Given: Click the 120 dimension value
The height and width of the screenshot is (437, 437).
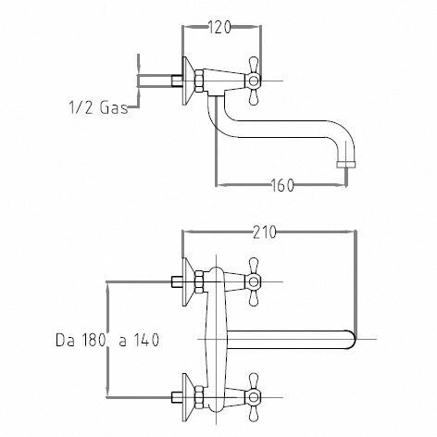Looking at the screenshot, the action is click(x=219, y=27).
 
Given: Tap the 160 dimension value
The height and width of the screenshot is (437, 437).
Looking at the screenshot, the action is click(x=282, y=185).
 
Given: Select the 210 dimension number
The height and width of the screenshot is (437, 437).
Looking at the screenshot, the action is click(x=264, y=232).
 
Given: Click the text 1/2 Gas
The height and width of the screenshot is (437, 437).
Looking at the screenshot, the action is click(x=98, y=107).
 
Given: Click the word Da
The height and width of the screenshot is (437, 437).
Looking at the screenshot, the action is click(x=65, y=340).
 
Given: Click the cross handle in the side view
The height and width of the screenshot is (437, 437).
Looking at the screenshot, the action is click(x=254, y=81).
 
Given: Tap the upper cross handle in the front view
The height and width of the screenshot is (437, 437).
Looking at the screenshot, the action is click(x=254, y=281).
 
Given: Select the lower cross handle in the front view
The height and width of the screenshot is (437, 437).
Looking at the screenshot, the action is click(x=254, y=397).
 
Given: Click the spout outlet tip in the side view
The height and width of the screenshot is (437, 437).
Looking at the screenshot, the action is click(x=346, y=164).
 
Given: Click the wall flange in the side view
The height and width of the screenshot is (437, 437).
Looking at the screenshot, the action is click(x=187, y=81).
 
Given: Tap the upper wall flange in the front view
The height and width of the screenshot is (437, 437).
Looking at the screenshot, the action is click(x=187, y=281).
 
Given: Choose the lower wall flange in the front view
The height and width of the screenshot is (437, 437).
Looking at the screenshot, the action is click(x=187, y=397).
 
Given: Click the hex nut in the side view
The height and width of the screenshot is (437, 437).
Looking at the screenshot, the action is click(x=199, y=81).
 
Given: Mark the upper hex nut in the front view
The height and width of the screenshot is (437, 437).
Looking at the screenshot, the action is click(x=199, y=281).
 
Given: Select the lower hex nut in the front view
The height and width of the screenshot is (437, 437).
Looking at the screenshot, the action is click(x=199, y=397).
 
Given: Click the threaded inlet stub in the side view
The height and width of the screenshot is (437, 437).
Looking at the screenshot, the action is click(x=177, y=81).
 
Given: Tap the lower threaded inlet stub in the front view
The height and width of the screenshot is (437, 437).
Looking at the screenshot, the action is click(x=177, y=397).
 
